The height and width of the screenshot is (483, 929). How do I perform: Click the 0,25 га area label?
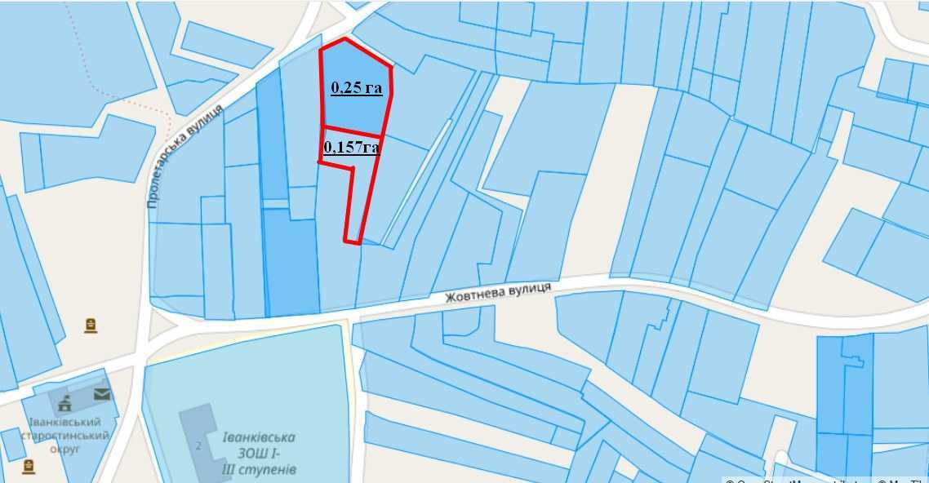tap(356, 87)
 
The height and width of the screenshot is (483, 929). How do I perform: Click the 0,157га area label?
tap(352, 147)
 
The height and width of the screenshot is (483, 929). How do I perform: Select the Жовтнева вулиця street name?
tap(498, 293)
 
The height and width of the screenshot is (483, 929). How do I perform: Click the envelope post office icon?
tap(101, 394)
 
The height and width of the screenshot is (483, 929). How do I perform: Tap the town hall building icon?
tap(64, 401)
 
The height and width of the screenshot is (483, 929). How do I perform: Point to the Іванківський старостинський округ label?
tap(64, 436)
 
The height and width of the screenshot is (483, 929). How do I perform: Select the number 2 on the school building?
tap(198, 445)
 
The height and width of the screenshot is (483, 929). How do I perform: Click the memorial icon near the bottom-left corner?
tap(29, 466)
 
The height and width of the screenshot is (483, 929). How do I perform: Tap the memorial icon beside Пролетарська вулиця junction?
tap(91, 326)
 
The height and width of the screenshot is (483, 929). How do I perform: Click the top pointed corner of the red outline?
tap(345, 38)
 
